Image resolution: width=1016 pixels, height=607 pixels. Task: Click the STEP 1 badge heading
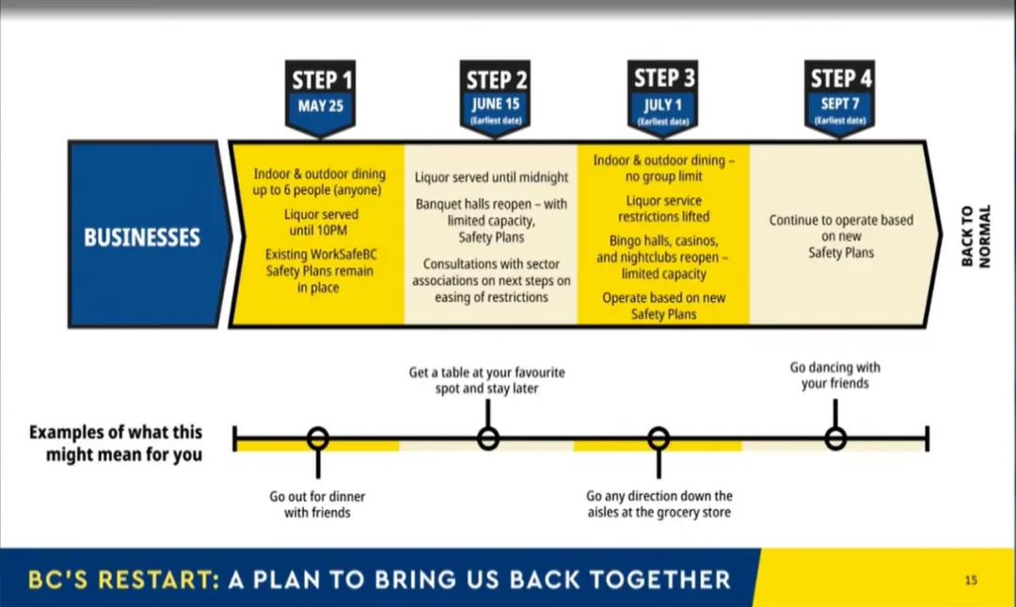[x=322, y=80]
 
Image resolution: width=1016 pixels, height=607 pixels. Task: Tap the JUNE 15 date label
[x=495, y=104]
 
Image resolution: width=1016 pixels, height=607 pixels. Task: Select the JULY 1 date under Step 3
[x=663, y=105]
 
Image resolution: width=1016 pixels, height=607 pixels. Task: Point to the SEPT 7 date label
[x=840, y=104]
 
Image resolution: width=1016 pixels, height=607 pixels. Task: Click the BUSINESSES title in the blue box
[x=142, y=237]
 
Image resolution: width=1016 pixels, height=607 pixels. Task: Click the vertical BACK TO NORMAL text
[x=976, y=236]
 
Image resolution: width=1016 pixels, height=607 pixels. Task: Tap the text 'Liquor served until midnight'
[x=491, y=177]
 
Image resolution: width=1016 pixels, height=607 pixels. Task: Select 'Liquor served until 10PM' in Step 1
[x=320, y=222]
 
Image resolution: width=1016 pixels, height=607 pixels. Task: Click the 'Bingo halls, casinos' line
[x=663, y=241]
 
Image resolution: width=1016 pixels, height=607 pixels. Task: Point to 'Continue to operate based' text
[x=841, y=220]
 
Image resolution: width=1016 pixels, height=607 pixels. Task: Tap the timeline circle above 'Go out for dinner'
[x=318, y=439]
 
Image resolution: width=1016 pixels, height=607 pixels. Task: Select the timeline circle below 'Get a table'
[x=488, y=439]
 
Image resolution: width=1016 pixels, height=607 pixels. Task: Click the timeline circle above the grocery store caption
[x=659, y=439]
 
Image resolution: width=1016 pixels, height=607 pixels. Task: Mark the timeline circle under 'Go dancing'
[x=835, y=439]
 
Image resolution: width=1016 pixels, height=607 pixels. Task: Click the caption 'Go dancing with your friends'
[x=834, y=375]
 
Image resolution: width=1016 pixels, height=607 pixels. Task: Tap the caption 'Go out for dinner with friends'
[x=317, y=503]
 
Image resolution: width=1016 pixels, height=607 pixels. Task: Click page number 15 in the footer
[x=971, y=581]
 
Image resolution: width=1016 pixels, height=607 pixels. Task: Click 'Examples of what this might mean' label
[x=116, y=443]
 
